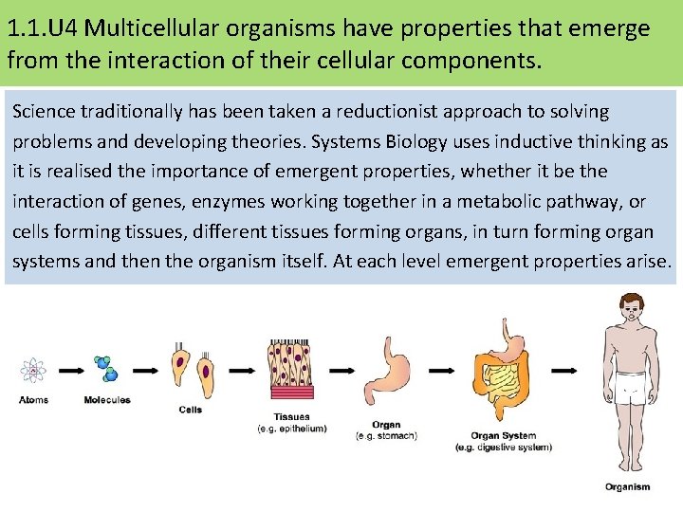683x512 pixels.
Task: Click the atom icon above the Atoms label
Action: [33, 371]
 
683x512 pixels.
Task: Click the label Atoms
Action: [33, 399]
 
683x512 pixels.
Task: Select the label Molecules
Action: [106, 399]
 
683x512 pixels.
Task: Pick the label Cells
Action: [191, 410]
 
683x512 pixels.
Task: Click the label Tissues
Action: [291, 417]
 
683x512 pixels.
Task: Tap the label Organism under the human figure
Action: [628, 486]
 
